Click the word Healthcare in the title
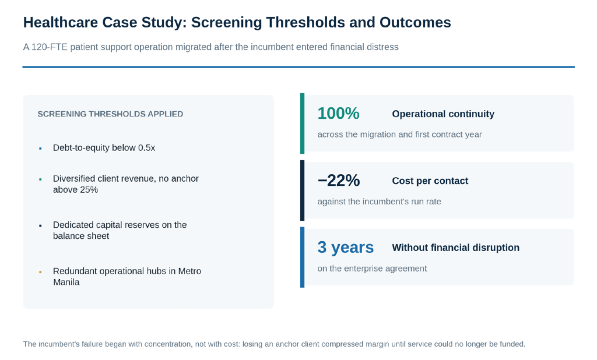tap(61, 23)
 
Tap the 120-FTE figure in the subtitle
tap(45, 47)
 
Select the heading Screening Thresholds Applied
tap(110, 114)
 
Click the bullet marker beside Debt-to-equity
tap(40, 149)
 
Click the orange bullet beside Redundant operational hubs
tap(40, 271)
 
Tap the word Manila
tap(66, 282)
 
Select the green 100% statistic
tap(339, 114)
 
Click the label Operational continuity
tap(443, 114)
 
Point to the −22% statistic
tap(339, 181)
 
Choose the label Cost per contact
tap(430, 181)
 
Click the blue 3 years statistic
tap(346, 248)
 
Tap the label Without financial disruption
tap(456, 248)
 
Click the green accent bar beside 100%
tap(303, 123)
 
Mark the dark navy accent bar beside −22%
tap(303, 190)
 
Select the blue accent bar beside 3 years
tap(303, 257)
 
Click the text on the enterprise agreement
tap(373, 269)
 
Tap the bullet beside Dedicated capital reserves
tap(40, 225)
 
